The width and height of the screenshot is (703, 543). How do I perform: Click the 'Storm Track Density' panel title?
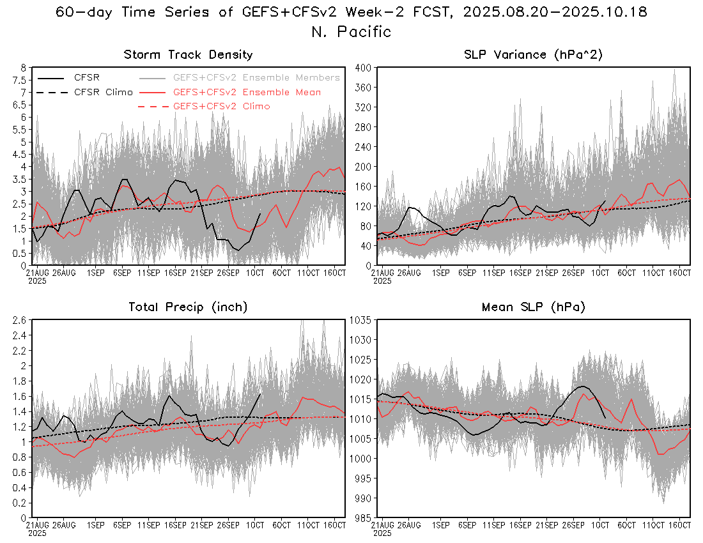tap(188, 55)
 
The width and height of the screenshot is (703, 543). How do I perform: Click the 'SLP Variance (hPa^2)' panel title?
tap(533, 55)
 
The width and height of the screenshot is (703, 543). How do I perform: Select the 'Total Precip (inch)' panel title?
tap(188, 307)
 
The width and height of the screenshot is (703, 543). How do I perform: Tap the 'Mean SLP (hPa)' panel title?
tap(533, 307)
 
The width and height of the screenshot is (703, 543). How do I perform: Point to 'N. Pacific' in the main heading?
tap(351, 31)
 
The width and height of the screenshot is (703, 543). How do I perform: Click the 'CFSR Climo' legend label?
tap(104, 92)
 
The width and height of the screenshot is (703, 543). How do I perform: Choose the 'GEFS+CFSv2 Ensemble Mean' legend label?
tap(247, 92)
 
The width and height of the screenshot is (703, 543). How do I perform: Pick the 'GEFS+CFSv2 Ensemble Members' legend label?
tap(256, 77)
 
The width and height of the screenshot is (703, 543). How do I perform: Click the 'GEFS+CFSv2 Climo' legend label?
tap(221, 106)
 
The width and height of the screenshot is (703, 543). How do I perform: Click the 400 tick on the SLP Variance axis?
tap(362, 68)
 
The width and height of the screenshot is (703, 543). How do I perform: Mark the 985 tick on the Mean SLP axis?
tap(362, 518)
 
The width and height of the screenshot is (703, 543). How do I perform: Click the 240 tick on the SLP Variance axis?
tap(362, 147)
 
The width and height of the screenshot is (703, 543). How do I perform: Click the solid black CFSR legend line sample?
tap(51, 77)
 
